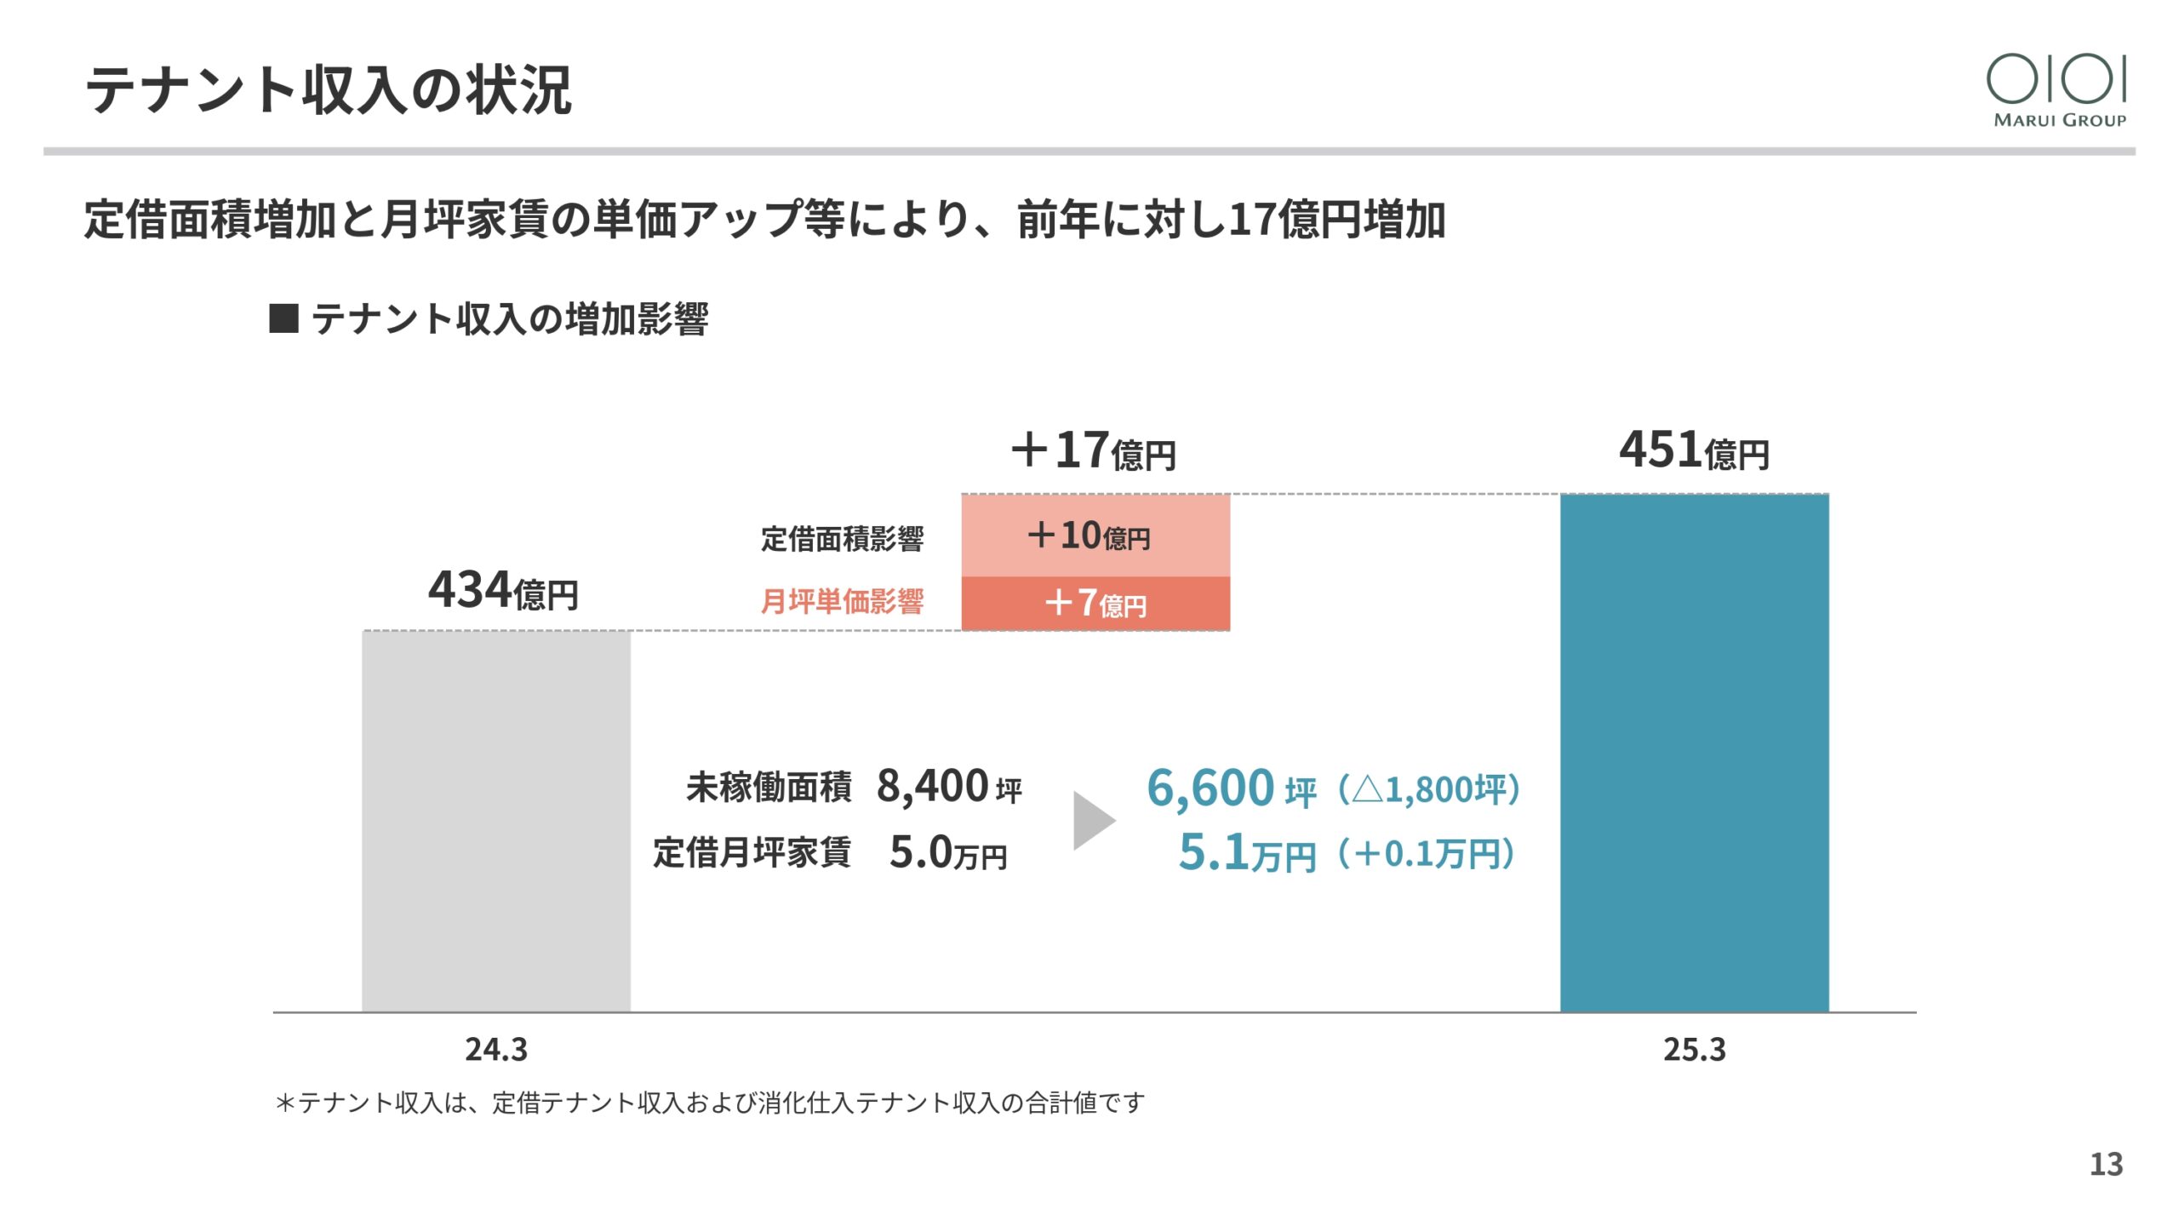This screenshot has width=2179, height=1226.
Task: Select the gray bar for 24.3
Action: [496, 821]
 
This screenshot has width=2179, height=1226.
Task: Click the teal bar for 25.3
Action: [1694, 753]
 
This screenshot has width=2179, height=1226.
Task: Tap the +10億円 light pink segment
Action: [1095, 536]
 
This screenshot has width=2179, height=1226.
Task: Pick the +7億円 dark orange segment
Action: [1095, 604]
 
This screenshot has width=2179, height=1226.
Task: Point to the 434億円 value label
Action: [503, 590]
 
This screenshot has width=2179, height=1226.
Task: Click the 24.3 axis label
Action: [496, 1049]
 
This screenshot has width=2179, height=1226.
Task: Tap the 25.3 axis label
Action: [1694, 1049]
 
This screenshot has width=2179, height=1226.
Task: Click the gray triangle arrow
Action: [1093, 821]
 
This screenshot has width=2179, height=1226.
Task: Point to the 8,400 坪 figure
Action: [948, 786]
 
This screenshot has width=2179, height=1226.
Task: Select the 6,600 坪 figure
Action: [1231, 788]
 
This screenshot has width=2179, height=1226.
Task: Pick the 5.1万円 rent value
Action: [1247, 852]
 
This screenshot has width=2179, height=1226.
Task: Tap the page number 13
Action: [2106, 1164]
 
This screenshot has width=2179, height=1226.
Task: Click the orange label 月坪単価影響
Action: [842, 602]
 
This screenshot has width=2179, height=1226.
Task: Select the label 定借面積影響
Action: [842, 539]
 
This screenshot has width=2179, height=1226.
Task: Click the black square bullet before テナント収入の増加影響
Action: [283, 319]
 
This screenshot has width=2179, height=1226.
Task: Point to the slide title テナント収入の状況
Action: [329, 89]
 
